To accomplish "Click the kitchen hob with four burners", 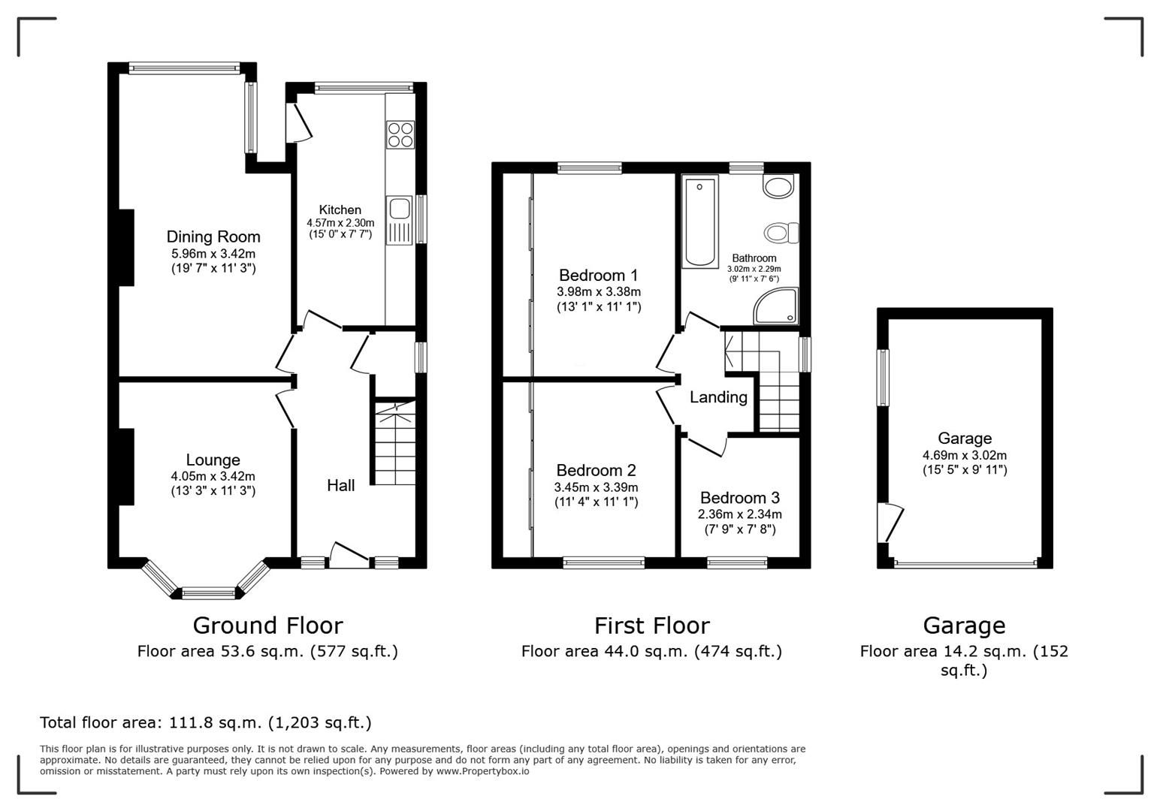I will [x=400, y=134].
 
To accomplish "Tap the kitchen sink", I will [x=399, y=209].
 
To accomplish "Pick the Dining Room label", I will [x=213, y=237].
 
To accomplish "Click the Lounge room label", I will [x=213, y=460].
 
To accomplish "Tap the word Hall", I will [x=340, y=486].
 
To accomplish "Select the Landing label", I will [x=718, y=397].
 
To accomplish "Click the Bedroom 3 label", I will [x=739, y=498].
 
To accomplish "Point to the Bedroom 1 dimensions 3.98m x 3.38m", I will [x=599, y=291].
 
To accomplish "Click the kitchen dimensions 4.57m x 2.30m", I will [x=340, y=223].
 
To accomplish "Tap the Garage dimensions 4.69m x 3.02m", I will [x=965, y=455].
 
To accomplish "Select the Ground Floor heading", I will [x=267, y=626].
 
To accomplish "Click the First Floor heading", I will [x=651, y=626].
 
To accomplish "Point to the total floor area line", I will [x=205, y=722].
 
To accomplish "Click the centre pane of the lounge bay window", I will [x=208, y=593].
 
